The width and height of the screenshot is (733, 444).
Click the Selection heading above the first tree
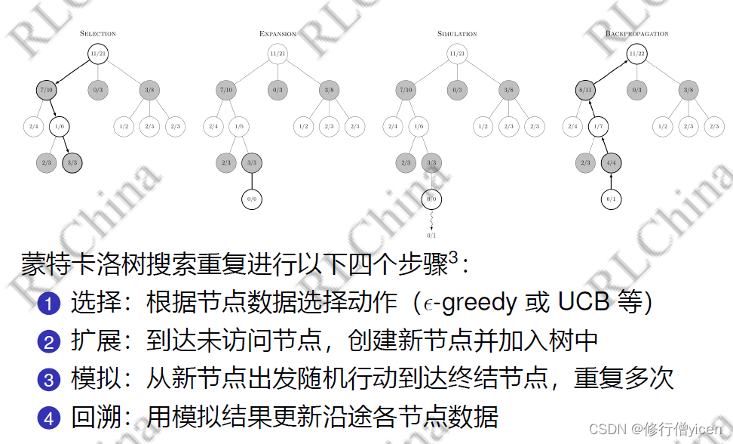pyautogui.click(x=98, y=34)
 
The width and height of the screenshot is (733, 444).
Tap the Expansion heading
pyautogui.click(x=278, y=34)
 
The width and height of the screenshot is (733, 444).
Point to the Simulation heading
pyautogui.click(x=457, y=34)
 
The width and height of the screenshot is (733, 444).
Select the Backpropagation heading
pyautogui.click(x=636, y=34)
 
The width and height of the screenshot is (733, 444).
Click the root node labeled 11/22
pyautogui.click(x=637, y=54)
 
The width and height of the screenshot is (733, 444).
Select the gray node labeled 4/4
pyautogui.click(x=612, y=162)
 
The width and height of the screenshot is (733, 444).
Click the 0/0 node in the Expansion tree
pyautogui.click(x=252, y=199)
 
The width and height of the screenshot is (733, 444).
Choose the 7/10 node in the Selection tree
pyautogui.click(x=47, y=90)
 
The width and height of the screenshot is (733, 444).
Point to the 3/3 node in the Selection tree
pyautogui.click(x=72, y=162)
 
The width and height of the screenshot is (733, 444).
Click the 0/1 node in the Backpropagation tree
pyautogui.click(x=612, y=199)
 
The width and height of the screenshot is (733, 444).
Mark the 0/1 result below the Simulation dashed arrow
pyautogui.click(x=432, y=236)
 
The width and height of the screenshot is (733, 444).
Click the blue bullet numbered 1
pyautogui.click(x=48, y=305)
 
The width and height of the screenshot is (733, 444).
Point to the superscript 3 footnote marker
pyautogui.click(x=453, y=258)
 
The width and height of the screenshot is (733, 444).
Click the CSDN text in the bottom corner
pyautogui.click(x=604, y=429)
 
